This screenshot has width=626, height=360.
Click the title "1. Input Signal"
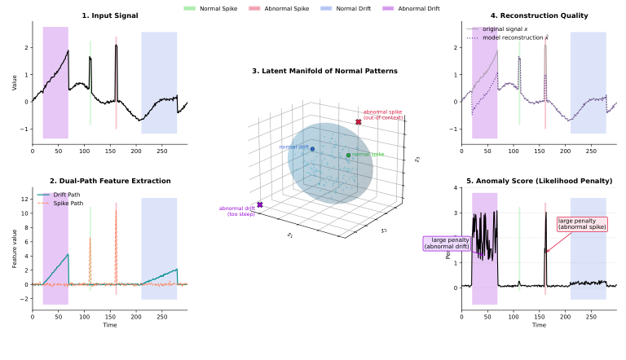110,15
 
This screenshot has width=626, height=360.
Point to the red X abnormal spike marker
358,122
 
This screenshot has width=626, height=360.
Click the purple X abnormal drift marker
260,204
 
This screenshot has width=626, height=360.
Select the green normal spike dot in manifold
348,155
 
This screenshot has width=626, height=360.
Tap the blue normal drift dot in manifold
312,149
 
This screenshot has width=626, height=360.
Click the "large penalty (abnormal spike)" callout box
582,224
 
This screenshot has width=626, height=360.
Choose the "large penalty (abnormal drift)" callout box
447,243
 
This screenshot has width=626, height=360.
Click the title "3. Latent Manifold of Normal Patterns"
324,71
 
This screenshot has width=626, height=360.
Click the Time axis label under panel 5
540,325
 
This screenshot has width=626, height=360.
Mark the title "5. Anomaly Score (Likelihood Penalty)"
540,181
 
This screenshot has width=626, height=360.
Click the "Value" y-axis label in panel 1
14,82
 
